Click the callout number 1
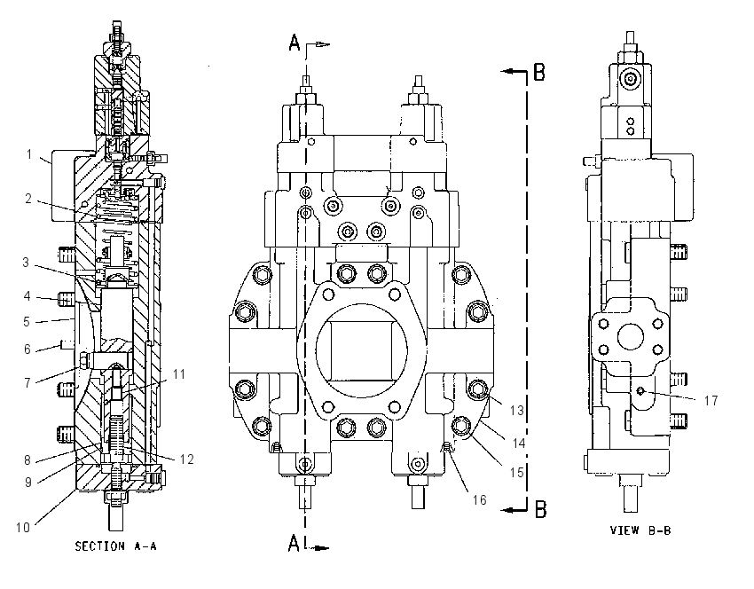tap(29, 154)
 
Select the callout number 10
tap(22, 528)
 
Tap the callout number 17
tap(711, 400)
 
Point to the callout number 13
tap(516, 410)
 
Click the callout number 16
tap(479, 500)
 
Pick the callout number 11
tap(179, 374)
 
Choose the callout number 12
tap(186, 459)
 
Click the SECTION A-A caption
tap(115, 546)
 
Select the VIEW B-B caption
tap(640, 530)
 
